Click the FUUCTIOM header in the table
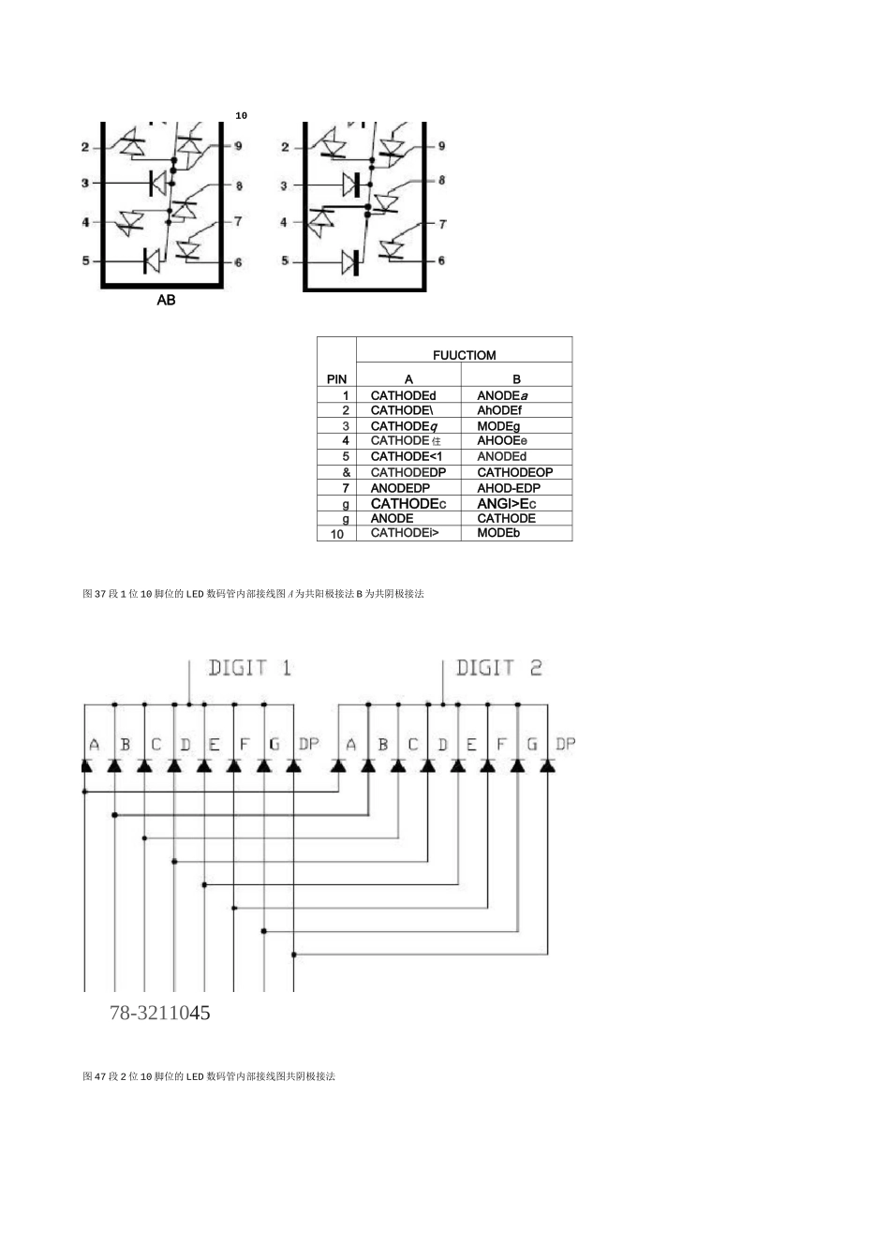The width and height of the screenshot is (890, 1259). (464, 355)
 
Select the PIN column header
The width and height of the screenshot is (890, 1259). (336, 379)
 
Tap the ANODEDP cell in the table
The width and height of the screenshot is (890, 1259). (400, 488)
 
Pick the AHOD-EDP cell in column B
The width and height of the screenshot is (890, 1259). (509, 488)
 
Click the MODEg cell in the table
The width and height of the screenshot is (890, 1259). (498, 426)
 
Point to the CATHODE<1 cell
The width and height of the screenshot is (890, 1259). (406, 456)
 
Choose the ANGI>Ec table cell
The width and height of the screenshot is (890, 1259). (506, 504)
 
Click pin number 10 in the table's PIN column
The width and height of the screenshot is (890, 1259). (337, 534)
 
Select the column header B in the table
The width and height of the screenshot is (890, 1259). (516, 379)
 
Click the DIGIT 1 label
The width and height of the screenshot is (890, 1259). (249, 668)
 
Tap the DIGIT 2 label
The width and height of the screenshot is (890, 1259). (498, 668)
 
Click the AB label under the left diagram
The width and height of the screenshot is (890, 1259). (166, 301)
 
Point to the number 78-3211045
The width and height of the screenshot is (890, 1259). (159, 1013)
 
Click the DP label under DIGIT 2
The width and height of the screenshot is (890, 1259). (565, 744)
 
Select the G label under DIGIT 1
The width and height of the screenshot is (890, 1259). (274, 745)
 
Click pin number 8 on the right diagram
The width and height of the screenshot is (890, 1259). (442, 181)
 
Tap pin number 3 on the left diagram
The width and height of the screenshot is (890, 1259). (84, 183)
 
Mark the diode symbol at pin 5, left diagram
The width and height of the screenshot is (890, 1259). (151, 260)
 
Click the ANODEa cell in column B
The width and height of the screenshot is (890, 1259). (503, 395)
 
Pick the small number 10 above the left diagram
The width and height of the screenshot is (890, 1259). (241, 115)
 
